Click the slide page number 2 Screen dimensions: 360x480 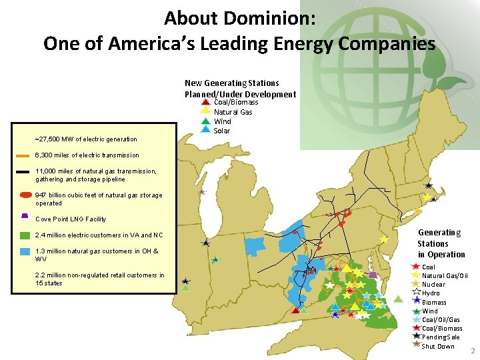click(x=473, y=351)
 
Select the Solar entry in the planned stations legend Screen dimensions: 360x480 click(x=222, y=131)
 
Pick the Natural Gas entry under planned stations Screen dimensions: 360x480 click(x=233, y=112)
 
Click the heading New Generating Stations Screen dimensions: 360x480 click(x=231, y=83)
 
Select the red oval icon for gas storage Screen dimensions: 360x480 click(x=25, y=195)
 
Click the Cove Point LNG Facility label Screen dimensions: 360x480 click(x=71, y=219)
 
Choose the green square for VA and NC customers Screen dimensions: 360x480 click(x=25, y=235)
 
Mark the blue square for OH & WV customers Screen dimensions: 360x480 click(x=25, y=251)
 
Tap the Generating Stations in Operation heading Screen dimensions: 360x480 click(x=441, y=243)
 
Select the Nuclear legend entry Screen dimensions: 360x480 click(x=433, y=285)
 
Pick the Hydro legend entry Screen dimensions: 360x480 click(x=431, y=293)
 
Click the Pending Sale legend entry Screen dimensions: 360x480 click(x=441, y=337)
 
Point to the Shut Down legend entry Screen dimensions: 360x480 click(x=438, y=346)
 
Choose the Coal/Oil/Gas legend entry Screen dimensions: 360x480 click(x=441, y=320)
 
